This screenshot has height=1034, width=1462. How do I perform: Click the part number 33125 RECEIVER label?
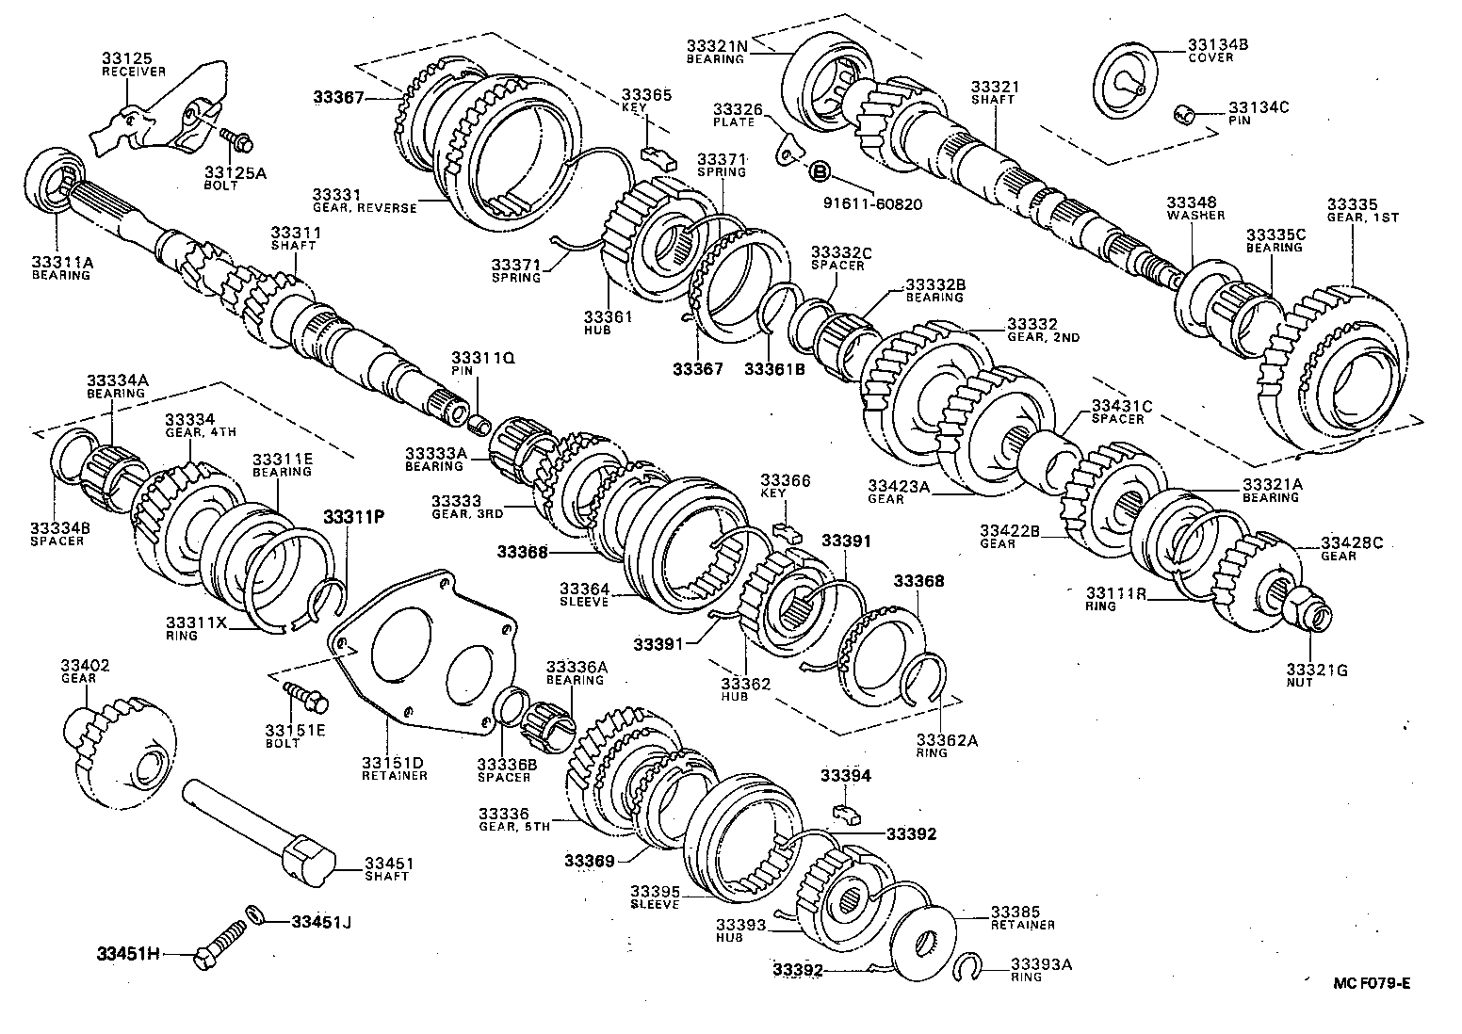click(134, 63)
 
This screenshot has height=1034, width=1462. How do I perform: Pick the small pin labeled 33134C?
click(1185, 116)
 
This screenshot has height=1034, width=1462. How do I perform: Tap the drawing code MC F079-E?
click(1372, 983)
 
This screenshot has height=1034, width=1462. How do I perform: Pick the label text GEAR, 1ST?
click(1363, 218)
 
